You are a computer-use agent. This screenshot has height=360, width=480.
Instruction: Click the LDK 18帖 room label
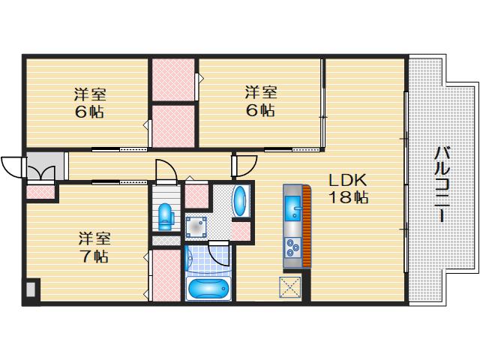pos(348,188)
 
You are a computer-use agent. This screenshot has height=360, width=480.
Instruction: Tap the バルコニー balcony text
pos(442,184)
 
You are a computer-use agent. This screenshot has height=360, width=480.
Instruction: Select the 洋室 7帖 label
pos(94,247)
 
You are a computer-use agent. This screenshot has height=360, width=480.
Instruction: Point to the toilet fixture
pos(166,217)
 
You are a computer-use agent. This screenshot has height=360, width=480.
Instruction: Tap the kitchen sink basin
pos(293,208)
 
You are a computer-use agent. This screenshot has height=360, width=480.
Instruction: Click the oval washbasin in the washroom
pos(240,201)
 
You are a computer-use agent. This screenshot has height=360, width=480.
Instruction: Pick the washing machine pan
pos(196,227)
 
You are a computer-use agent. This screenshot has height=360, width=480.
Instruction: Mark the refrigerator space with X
pos(290,286)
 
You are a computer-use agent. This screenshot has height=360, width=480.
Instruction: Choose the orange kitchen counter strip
pos(307,226)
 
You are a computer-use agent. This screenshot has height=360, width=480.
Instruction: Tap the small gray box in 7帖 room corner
pos(31,289)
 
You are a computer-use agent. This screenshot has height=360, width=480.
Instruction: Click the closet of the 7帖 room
pos(166,275)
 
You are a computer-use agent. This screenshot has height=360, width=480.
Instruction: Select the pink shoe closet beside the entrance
pos(40,192)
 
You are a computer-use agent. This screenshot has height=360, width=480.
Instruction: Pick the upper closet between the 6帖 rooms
pos(173,79)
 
